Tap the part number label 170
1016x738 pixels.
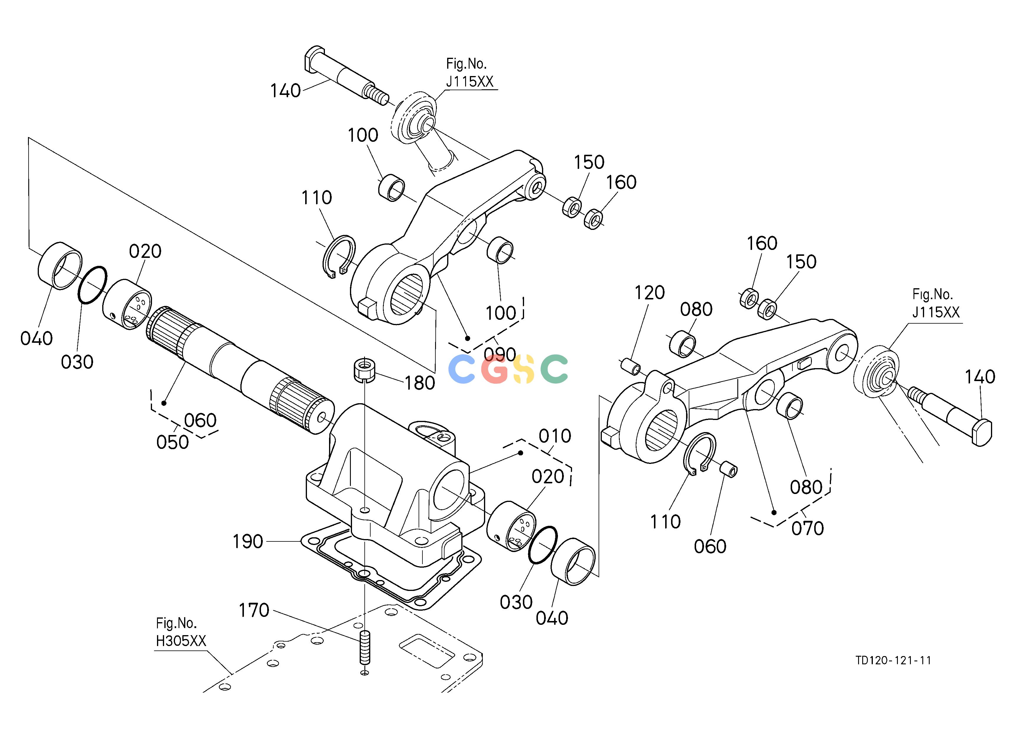click(x=254, y=610)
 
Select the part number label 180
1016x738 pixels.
click(x=420, y=383)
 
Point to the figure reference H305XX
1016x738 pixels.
click(x=181, y=641)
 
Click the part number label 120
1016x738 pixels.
click(x=649, y=293)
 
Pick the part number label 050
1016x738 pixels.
click(x=172, y=443)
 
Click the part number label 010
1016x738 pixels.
click(x=555, y=436)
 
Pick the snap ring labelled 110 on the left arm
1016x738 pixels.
click(x=340, y=257)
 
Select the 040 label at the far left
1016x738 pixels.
click(x=36, y=339)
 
